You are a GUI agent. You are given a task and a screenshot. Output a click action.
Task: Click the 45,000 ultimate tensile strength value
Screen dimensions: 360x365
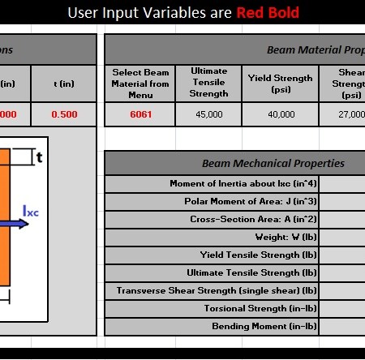[209, 114]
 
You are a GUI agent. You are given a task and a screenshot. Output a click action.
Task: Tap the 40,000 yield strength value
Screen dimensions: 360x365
[280, 114]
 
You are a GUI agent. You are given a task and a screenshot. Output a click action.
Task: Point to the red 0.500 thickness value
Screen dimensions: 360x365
[64, 114]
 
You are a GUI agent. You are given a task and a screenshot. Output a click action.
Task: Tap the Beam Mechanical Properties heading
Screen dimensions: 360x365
[273, 163]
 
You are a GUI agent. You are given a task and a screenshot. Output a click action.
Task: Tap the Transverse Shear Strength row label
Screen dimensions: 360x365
[217, 290]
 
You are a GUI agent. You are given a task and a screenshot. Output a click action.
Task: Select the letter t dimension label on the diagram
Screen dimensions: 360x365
[38, 157]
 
